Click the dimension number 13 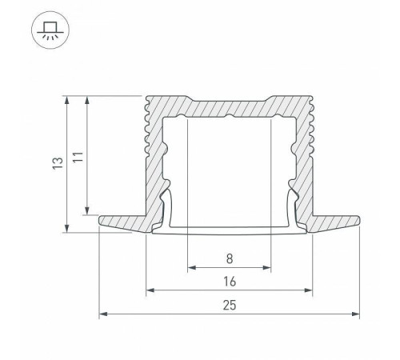(54, 164)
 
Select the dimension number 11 (76, 158)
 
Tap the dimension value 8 (230, 258)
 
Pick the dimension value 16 (230, 282)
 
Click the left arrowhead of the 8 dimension (190, 268)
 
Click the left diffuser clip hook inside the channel (169, 210)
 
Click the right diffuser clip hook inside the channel (290, 210)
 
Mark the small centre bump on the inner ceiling (230, 118)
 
